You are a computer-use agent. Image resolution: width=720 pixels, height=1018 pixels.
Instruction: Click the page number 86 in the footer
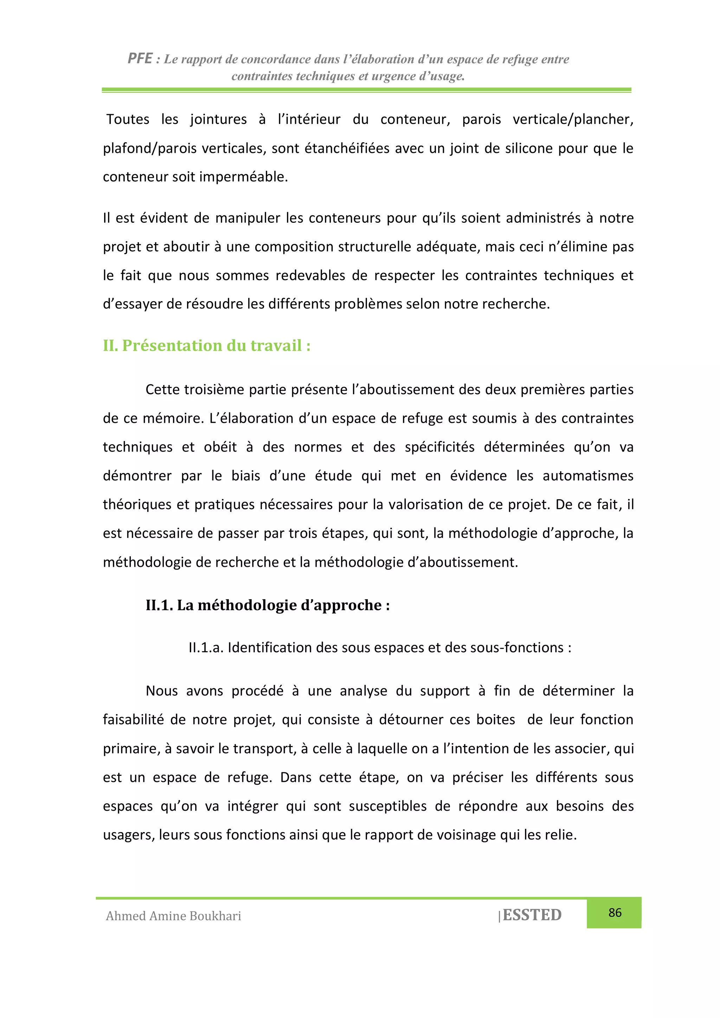615,913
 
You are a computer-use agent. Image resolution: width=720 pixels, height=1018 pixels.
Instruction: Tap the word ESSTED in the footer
532,915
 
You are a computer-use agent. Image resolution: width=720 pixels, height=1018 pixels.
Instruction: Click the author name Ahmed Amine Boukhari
173,916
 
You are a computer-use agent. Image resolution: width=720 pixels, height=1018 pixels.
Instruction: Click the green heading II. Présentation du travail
206,345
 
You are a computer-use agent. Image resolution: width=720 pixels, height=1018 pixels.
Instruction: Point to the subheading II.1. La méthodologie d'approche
268,605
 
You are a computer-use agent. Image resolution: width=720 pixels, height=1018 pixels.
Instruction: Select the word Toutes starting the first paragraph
128,119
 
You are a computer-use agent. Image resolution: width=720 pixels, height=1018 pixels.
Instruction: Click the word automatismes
588,476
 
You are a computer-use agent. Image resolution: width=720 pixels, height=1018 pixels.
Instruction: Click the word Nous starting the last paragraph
162,691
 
